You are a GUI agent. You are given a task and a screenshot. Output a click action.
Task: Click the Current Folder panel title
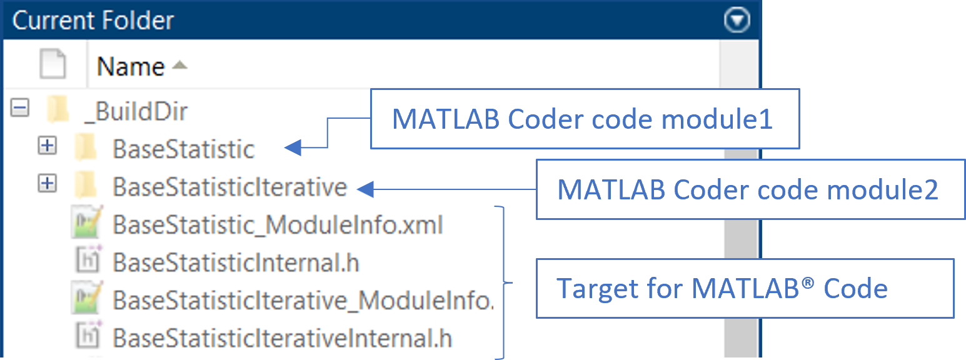[x=93, y=20]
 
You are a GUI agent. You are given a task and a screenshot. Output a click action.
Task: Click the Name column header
[x=131, y=66]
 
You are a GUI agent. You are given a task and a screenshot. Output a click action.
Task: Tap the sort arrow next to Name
[x=179, y=65]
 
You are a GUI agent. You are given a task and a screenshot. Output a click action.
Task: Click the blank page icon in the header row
[x=53, y=64]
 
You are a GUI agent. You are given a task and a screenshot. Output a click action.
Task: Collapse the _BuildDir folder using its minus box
[x=20, y=107]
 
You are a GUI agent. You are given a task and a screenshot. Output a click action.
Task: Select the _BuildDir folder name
[x=136, y=112]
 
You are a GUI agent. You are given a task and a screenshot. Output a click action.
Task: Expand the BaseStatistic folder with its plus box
[x=47, y=146]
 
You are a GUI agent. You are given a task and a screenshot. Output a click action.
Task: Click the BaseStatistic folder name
[x=184, y=149]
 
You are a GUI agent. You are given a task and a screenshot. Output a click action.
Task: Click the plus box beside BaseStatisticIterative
[x=47, y=184]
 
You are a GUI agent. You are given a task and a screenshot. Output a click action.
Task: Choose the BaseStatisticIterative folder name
[x=230, y=187]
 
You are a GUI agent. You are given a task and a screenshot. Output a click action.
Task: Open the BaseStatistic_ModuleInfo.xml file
[x=278, y=225]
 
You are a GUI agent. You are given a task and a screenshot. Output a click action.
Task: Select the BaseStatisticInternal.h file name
[x=236, y=262]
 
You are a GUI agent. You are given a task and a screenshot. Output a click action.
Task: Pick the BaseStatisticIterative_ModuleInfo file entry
[x=303, y=301]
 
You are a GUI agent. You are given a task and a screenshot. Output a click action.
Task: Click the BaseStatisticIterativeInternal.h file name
[x=283, y=338]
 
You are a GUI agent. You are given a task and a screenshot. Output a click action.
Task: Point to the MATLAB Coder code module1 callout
[x=585, y=119]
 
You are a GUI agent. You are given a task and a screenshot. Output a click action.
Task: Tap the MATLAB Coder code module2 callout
[x=750, y=190]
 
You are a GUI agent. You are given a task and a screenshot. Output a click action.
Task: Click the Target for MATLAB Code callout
[x=745, y=288]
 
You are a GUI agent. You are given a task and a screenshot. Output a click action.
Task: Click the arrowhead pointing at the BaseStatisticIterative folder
[x=366, y=189]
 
